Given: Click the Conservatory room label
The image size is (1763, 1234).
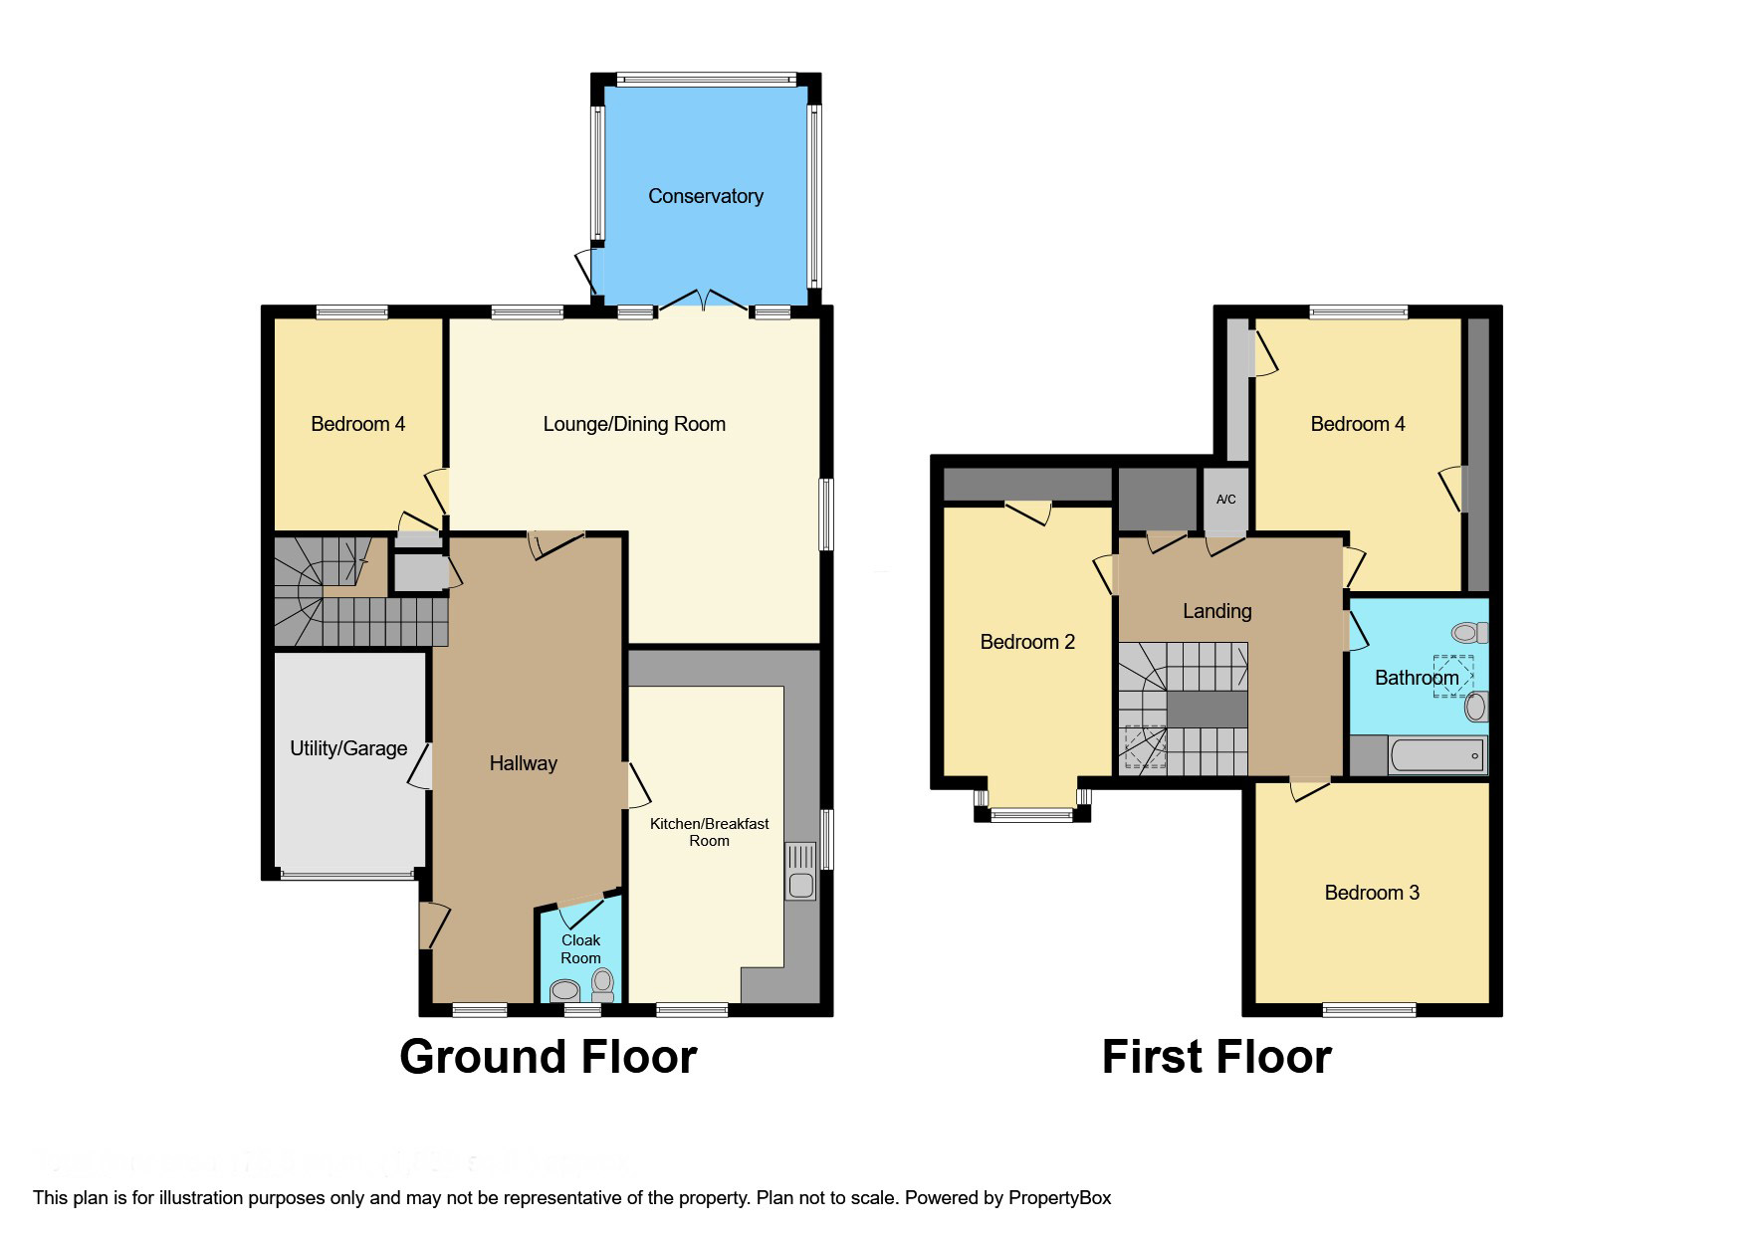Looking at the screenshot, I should pyautogui.click(x=705, y=196).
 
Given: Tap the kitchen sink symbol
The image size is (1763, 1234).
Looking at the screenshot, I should pyautogui.click(x=799, y=872).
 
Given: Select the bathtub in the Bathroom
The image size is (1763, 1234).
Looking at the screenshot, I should pyautogui.click(x=1436, y=755).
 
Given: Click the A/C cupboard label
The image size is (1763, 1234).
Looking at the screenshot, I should pyautogui.click(x=1225, y=499).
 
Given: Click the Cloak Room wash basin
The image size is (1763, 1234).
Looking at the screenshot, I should pyautogui.click(x=565, y=990).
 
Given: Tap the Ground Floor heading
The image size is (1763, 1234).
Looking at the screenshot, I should pyautogui.click(x=548, y=1057).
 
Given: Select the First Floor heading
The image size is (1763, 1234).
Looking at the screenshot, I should pyautogui.click(x=1215, y=1057).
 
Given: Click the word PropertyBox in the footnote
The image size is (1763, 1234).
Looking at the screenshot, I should pyautogui.click(x=1059, y=1197).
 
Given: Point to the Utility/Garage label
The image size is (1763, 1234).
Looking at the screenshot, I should pyautogui.click(x=348, y=748).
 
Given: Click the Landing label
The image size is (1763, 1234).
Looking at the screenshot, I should pyautogui.click(x=1216, y=611).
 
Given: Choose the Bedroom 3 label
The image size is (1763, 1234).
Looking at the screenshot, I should pyautogui.click(x=1371, y=893).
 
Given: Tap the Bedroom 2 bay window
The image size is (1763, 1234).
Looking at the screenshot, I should pyautogui.click(x=1032, y=815).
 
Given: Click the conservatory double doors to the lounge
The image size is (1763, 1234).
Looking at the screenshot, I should pyautogui.click(x=704, y=300).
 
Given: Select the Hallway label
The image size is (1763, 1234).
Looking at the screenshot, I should pyautogui.click(x=523, y=763).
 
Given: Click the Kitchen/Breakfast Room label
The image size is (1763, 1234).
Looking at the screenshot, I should pyautogui.click(x=709, y=832).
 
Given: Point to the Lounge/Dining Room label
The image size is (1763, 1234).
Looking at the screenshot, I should pyautogui.click(x=634, y=424).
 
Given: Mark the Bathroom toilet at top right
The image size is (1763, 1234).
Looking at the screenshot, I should pyautogui.click(x=1467, y=632).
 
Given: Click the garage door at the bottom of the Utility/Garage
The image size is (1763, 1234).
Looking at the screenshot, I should pyautogui.click(x=346, y=876).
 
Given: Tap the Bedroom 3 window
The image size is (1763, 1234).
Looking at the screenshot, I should pyautogui.click(x=1369, y=1010).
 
